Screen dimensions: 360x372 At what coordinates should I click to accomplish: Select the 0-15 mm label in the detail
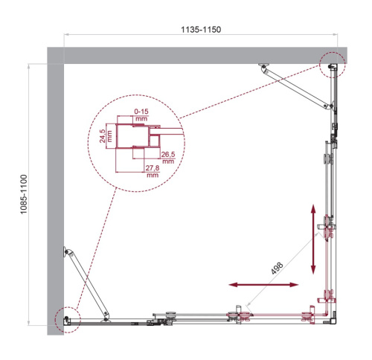click(141, 114)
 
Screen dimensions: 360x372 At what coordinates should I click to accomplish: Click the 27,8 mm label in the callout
click(153, 173)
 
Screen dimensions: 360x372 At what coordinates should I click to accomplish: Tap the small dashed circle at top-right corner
click(333, 65)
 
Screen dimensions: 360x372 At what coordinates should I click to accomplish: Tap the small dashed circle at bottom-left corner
click(66, 318)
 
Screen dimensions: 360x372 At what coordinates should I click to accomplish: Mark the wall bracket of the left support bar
click(68, 253)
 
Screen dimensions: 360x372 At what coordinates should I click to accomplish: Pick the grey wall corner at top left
click(56, 56)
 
